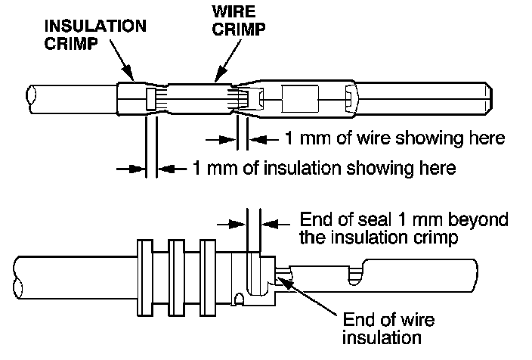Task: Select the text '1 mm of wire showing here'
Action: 394,139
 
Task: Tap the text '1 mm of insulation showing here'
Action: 324,168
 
